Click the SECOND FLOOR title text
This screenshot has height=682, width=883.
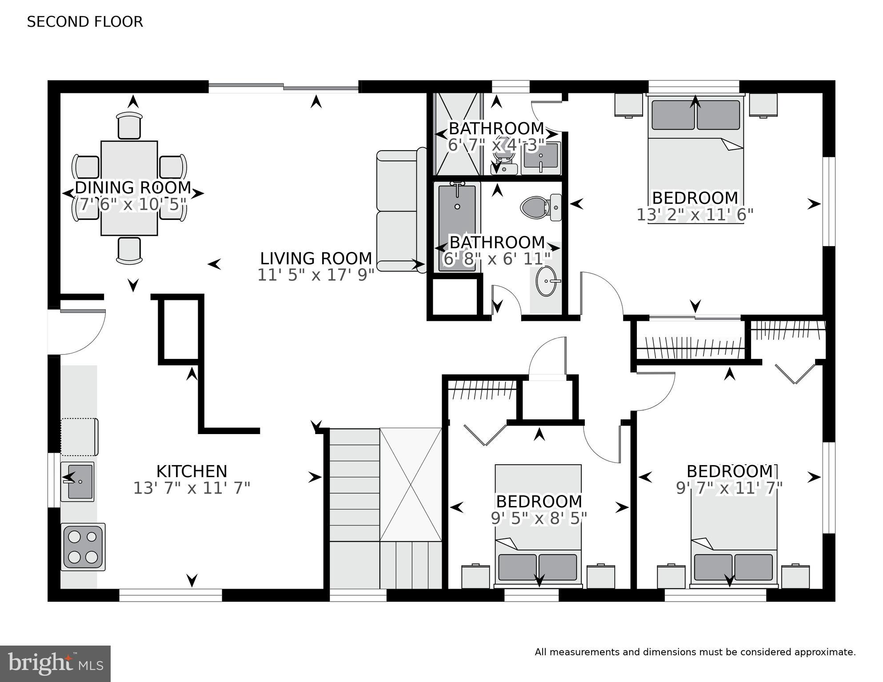coord(85,22)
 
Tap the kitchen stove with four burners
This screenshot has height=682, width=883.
coord(83,547)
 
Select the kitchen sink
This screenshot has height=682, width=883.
coord(78,482)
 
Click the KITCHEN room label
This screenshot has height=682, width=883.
coord(192,471)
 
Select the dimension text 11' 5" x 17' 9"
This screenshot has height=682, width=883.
coord(316,275)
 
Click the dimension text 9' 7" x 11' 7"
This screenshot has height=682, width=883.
coord(729,488)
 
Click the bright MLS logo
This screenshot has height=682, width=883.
coord(55,664)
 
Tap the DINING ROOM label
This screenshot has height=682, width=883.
coord(133,187)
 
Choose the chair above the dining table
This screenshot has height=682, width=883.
coord(129,126)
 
